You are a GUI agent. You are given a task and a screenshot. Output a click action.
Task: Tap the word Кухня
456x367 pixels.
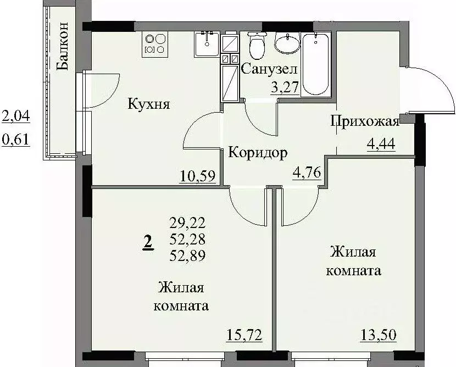(148, 103)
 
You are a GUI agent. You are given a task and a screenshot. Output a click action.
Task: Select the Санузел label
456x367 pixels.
(269, 69)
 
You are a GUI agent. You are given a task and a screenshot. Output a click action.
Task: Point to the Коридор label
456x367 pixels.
(258, 153)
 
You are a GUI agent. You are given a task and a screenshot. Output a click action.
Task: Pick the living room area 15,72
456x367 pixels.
(244, 333)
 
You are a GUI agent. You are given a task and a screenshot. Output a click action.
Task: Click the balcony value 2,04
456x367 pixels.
(16, 116)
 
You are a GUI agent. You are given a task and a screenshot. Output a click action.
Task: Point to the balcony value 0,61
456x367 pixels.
(16, 140)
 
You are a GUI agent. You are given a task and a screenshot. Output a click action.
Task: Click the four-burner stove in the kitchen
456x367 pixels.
(155, 43)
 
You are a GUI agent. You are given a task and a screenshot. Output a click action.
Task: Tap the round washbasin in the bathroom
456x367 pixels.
(286, 44)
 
